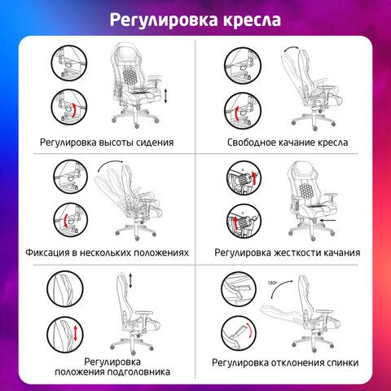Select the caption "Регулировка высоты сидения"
pos(107,143)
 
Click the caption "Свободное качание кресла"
pos(288,143)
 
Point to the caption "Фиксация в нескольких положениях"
pos(107,253)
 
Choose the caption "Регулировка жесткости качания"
pos(288,253)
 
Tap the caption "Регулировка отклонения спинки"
pos(285,362)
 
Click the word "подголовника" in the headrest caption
pos(138,372)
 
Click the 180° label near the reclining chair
pos(272,283)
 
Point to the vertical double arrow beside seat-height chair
pos(166,96)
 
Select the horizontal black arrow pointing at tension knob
pos(328,221)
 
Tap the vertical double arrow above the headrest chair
pos(130,281)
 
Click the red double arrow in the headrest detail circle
pos(75,333)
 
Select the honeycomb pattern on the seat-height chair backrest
pos(130,76)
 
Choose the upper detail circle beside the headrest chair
pos(65,289)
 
